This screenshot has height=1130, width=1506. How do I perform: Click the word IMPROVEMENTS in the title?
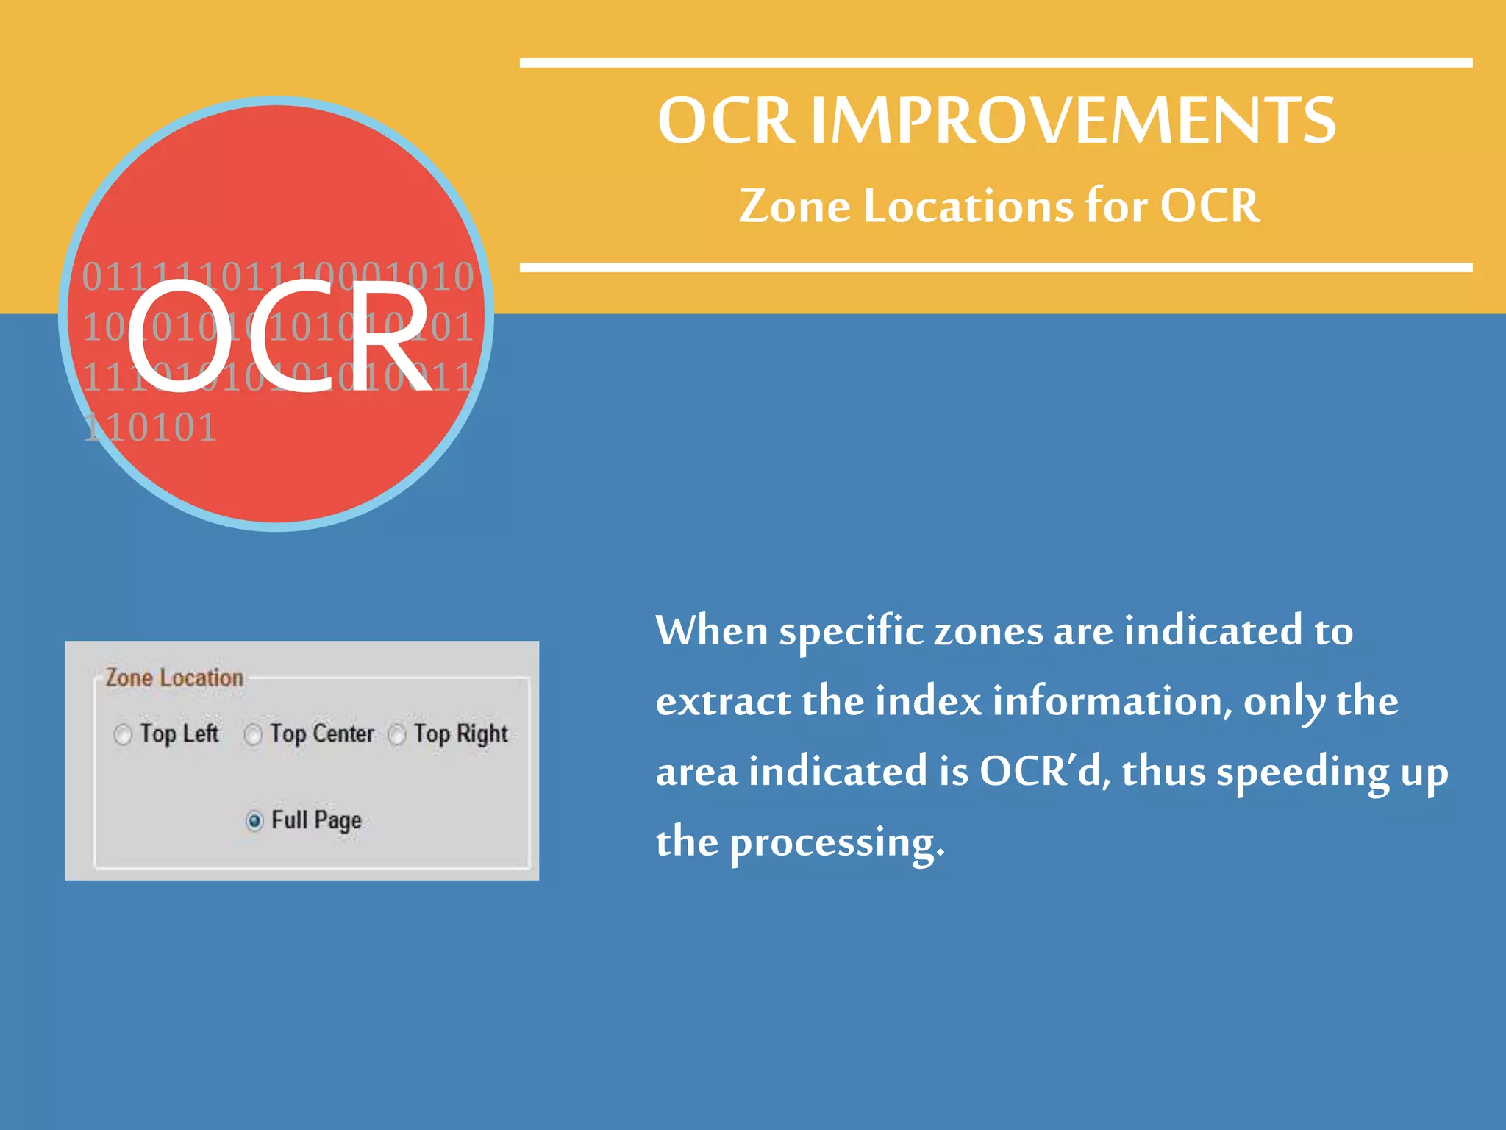coord(1073,121)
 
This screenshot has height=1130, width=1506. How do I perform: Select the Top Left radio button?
coord(123,734)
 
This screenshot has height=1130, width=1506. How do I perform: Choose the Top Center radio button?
coord(253,734)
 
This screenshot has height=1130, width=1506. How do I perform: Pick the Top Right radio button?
coord(397,734)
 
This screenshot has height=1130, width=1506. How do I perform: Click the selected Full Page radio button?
coord(254,820)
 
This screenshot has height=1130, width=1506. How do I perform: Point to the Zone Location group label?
coord(174,678)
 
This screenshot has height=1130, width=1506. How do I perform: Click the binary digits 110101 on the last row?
coord(151,428)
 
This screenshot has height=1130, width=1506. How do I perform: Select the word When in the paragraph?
coord(712,631)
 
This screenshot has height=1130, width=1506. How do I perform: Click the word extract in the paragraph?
coord(722,702)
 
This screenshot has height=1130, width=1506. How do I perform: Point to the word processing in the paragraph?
coord(836,842)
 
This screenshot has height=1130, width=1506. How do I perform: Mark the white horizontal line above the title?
coord(996,63)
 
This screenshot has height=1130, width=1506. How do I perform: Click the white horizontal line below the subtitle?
coord(996,268)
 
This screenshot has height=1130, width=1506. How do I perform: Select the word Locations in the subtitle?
coord(968,206)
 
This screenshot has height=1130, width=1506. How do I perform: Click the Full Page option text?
coord(316,820)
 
